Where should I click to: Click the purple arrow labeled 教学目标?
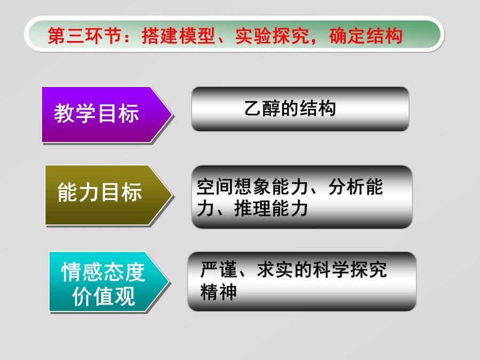click(104, 115)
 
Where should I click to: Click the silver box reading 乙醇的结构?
click(300, 109)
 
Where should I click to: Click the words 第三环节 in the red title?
click(85, 36)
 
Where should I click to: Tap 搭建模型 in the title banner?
click(179, 36)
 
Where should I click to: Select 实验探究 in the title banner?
click(272, 36)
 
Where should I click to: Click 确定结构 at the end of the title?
click(366, 36)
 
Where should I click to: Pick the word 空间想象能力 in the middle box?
click(252, 187)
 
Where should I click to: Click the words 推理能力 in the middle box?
click(271, 209)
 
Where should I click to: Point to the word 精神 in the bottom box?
click(219, 292)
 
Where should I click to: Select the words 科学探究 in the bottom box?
click(349, 270)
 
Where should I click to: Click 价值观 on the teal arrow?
click(103, 296)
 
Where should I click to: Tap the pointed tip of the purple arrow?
click(172, 115)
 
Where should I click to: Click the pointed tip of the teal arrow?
click(169, 282)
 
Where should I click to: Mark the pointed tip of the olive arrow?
click(172, 195)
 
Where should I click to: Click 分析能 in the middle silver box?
click(355, 187)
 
